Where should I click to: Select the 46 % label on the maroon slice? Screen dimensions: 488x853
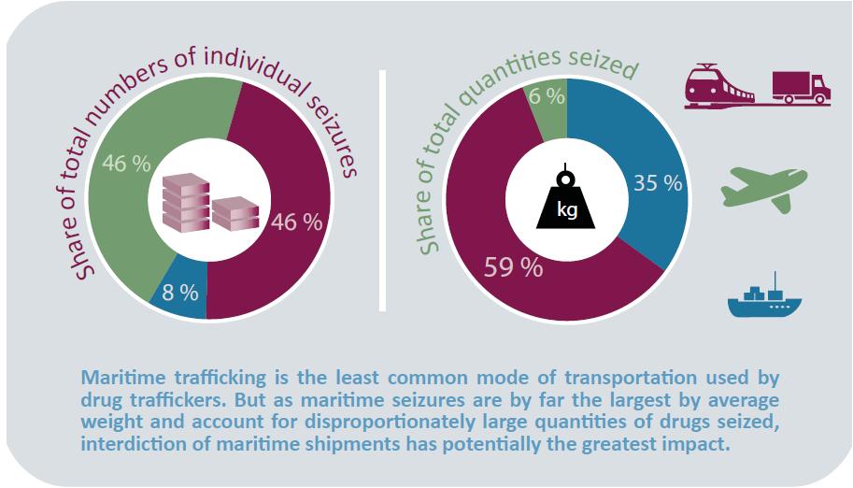point(297,222)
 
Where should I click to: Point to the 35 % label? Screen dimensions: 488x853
point(658,183)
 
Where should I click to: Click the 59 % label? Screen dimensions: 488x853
point(513,267)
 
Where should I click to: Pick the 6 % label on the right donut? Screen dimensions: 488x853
point(547,95)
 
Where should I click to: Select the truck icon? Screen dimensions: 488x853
point(802,85)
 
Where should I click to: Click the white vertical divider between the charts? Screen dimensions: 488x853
point(382,187)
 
